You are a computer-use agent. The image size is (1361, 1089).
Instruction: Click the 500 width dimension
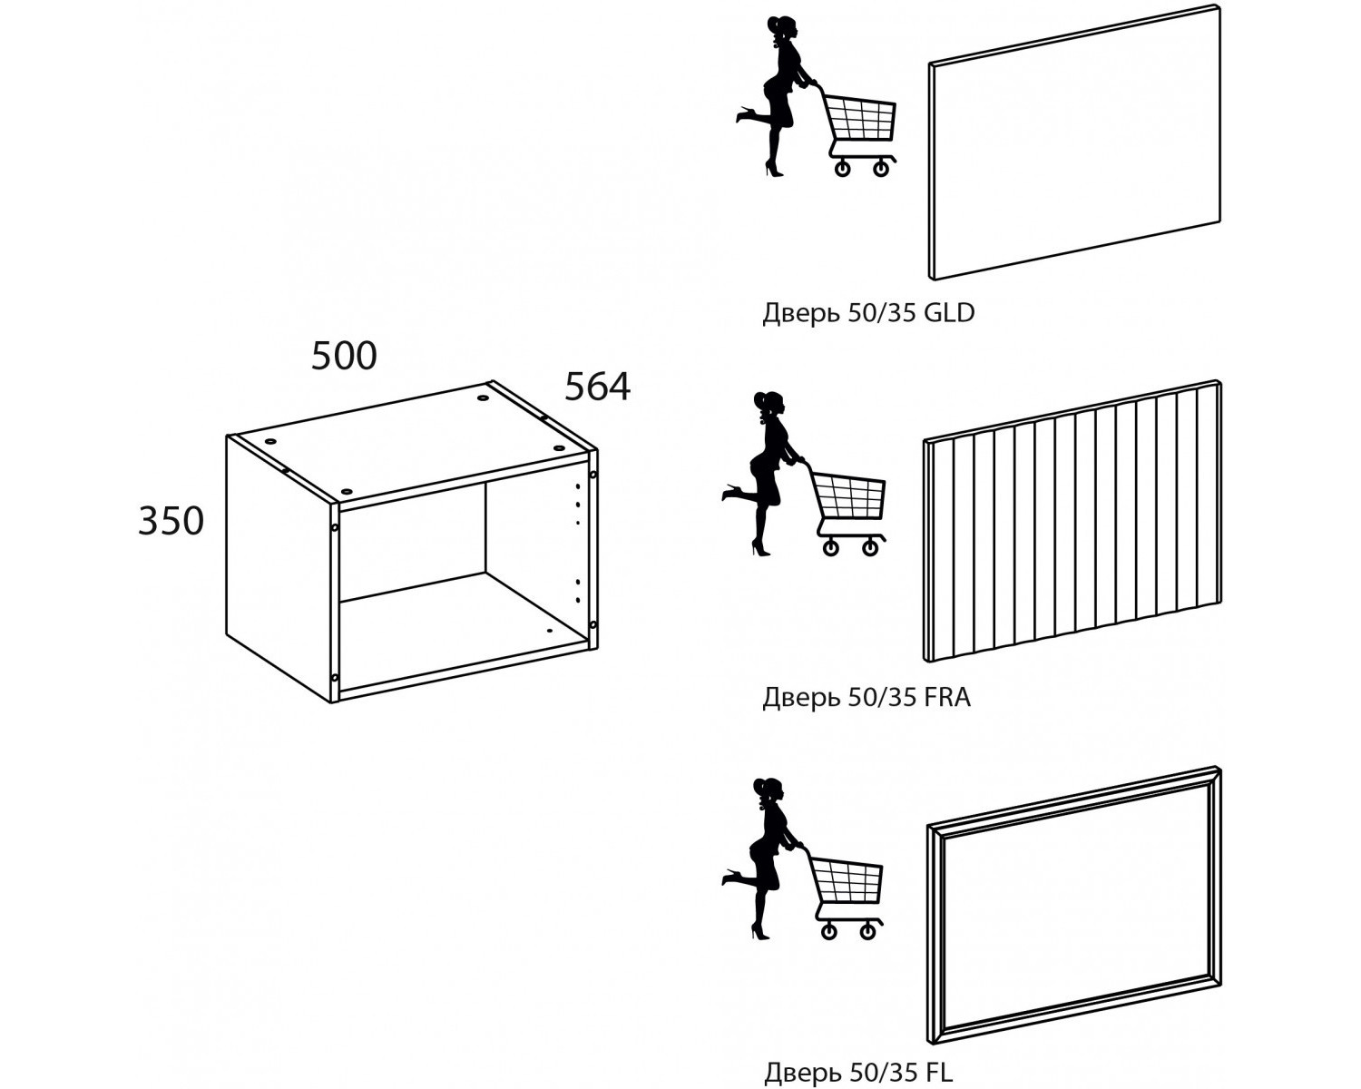(344, 356)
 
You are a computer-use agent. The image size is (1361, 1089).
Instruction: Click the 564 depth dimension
(597, 387)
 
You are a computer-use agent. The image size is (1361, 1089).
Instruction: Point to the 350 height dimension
(171, 522)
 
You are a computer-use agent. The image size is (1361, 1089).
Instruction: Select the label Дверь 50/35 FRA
(867, 697)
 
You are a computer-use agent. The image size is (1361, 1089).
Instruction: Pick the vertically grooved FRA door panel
(1072, 522)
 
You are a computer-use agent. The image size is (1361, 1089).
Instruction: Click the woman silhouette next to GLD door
(776, 96)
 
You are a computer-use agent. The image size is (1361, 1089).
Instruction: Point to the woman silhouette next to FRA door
(762, 475)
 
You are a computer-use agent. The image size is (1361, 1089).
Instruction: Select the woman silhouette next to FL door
(762, 858)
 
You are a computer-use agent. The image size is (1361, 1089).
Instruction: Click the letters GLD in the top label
(949, 312)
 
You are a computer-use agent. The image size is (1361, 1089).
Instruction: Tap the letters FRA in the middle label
(947, 696)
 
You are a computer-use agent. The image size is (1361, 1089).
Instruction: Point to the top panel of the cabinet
(411, 443)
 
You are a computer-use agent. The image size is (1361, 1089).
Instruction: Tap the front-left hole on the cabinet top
(346, 491)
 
